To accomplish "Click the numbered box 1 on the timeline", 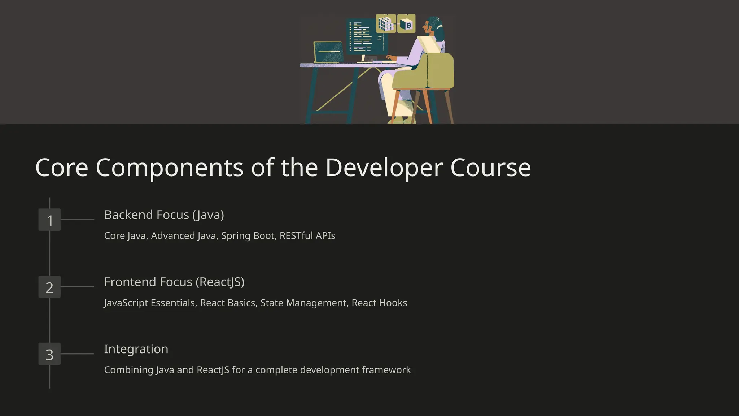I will click(49, 220).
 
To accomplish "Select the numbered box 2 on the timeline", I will click(49, 287).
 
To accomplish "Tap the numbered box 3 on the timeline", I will click(49, 354).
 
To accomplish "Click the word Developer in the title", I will click(384, 168).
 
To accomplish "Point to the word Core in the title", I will click(62, 168).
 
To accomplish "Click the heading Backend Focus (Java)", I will click(164, 215).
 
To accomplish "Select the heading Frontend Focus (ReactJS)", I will click(174, 282).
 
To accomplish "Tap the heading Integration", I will click(136, 349).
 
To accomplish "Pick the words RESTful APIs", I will click(307, 236).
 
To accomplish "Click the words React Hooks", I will click(379, 303).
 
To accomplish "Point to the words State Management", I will click(303, 303).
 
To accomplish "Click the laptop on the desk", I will click(328, 52).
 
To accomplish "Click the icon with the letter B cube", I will click(406, 24).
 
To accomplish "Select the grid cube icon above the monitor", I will click(386, 24).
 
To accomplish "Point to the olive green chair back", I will click(438, 70).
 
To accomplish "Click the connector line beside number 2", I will click(77, 287).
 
